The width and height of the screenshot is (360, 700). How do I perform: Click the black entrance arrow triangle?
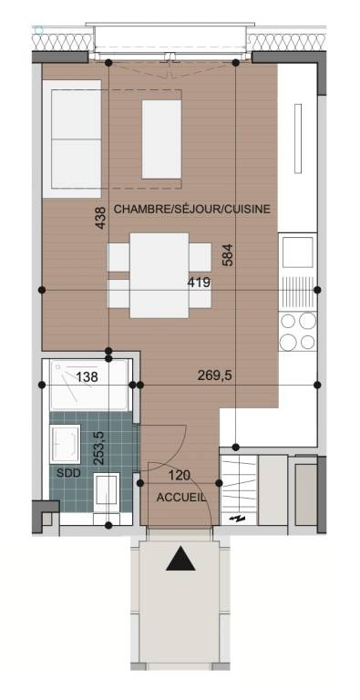coord(180,560)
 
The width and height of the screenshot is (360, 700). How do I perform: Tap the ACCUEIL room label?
coord(181,498)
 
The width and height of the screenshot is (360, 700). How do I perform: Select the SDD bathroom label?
coord(68,473)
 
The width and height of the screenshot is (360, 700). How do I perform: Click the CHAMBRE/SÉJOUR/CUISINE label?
coord(192,209)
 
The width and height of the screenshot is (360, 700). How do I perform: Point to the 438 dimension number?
coord(101,218)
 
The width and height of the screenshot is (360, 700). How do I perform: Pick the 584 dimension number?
coord(228,255)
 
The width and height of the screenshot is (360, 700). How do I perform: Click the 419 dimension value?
coord(200,283)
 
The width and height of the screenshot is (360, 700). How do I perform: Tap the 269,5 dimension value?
coord(214,376)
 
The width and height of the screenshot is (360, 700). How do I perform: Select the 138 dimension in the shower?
coord(87,377)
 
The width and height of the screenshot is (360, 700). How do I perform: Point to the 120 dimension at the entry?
coord(180,475)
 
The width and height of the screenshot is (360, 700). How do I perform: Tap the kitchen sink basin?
coord(297,252)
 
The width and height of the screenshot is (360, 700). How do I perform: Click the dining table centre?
coord(159,275)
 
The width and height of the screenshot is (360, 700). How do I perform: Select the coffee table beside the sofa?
coord(161,139)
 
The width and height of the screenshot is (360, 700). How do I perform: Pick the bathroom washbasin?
coord(66,444)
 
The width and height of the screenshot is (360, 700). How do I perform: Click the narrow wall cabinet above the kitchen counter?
coord(298,139)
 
